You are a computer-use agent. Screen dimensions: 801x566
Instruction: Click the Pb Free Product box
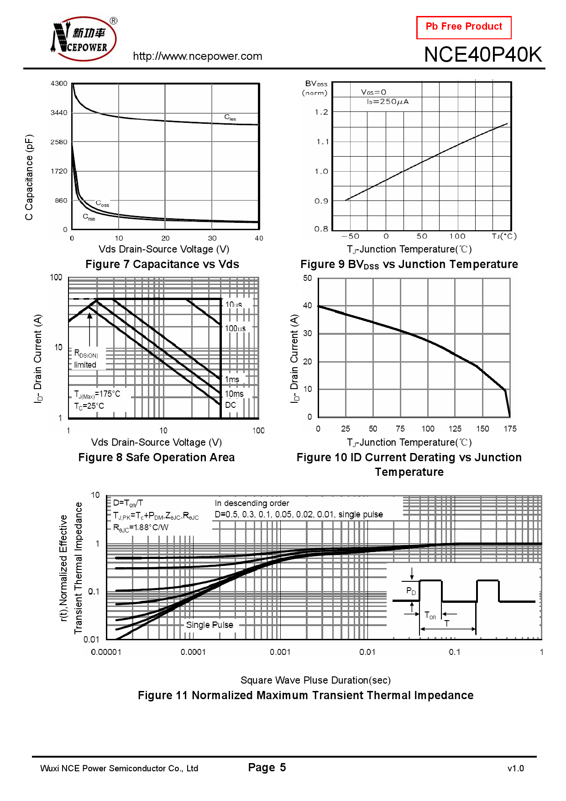pyautogui.click(x=463, y=27)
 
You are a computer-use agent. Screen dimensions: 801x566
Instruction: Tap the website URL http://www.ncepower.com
pyautogui.click(x=197, y=56)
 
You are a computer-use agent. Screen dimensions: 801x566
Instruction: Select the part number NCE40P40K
pyautogui.click(x=482, y=55)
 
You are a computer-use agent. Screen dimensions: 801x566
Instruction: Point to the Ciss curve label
pyautogui.click(x=230, y=117)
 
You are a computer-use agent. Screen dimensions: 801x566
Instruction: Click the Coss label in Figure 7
pyautogui.click(x=102, y=203)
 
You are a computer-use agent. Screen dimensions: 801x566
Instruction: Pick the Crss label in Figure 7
pyautogui.click(x=89, y=217)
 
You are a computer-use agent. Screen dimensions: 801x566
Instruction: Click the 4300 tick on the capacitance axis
pyautogui.click(x=59, y=84)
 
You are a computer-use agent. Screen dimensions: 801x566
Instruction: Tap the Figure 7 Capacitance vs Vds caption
pyautogui.click(x=162, y=264)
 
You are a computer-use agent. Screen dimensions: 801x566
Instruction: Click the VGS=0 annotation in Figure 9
pyautogui.click(x=373, y=92)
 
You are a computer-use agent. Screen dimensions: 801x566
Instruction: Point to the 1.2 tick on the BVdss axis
pyautogui.click(x=321, y=112)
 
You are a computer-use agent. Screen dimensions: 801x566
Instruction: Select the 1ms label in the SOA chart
pyautogui.click(x=232, y=379)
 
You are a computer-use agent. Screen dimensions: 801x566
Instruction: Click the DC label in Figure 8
pyautogui.click(x=231, y=405)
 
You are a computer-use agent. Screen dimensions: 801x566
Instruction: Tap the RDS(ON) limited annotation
pyautogui.click(x=86, y=359)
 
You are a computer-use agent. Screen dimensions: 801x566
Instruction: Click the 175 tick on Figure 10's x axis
pyautogui.click(x=510, y=429)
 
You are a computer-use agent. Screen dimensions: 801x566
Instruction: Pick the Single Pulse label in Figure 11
pyautogui.click(x=210, y=625)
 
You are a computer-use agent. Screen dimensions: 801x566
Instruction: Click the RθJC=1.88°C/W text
pyautogui.click(x=141, y=528)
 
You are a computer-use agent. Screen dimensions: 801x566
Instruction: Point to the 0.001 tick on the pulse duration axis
pyautogui.click(x=280, y=652)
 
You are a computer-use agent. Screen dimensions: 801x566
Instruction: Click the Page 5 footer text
pyautogui.click(x=267, y=768)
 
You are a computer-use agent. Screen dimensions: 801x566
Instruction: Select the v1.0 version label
pyautogui.click(x=515, y=769)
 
